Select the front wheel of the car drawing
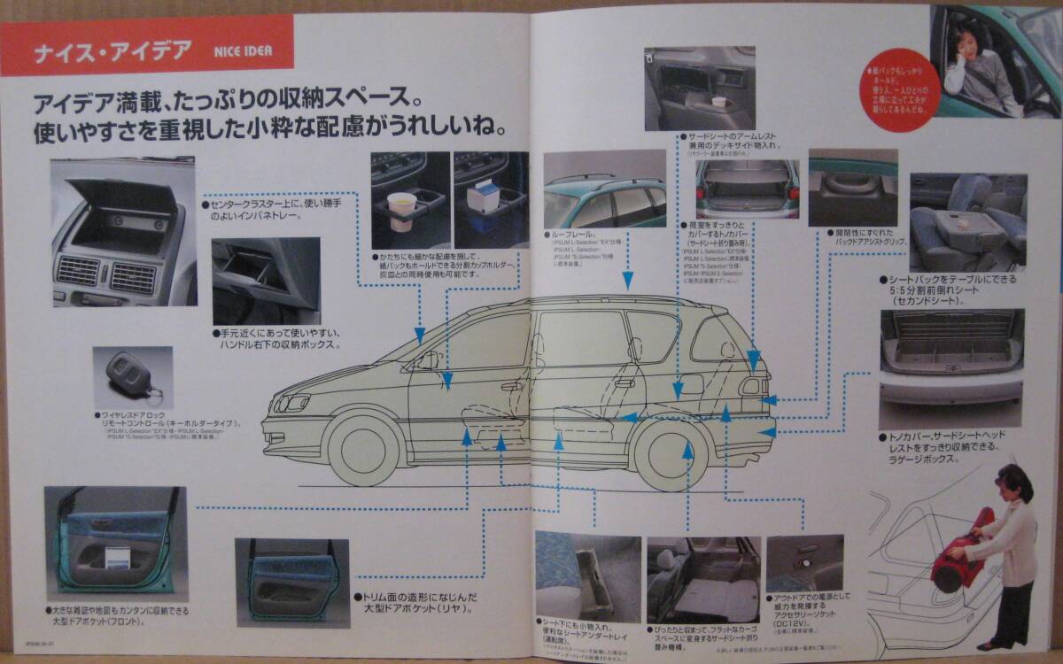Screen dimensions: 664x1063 [x=364, y=448]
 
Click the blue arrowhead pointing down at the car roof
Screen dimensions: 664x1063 [x=627, y=281]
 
